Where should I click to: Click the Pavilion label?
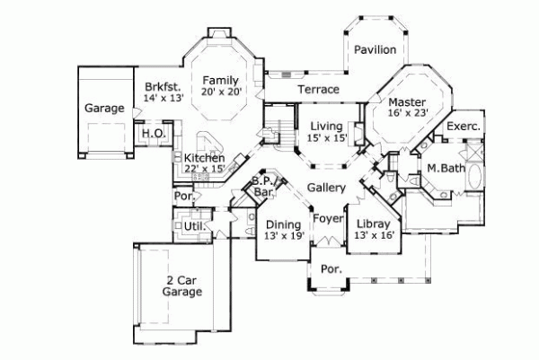click(374, 49)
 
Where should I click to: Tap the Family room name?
click(219, 80)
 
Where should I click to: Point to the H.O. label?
click(150, 134)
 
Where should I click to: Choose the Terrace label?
click(318, 90)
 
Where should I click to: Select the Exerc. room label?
click(464, 127)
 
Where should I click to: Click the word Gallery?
click(326, 188)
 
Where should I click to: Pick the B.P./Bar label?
click(263, 187)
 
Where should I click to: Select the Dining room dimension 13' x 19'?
click(284, 235)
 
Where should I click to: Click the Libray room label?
click(372, 223)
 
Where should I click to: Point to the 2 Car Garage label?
click(181, 285)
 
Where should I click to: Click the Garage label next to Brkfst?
click(104, 108)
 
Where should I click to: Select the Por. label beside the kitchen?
click(183, 195)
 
